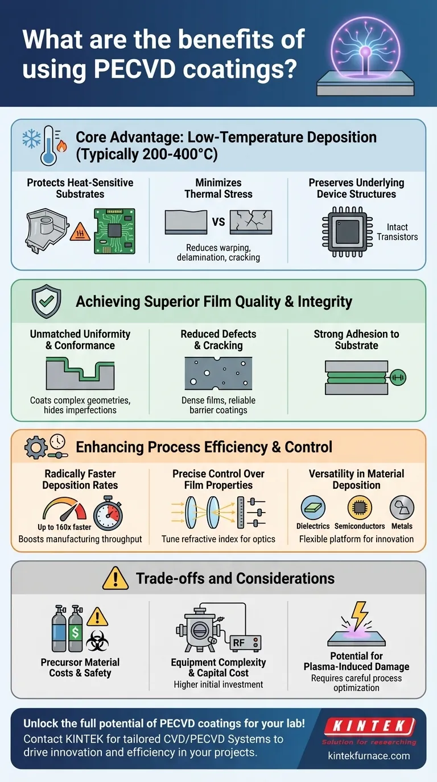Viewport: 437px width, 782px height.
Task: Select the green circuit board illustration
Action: pyautogui.click(x=114, y=229)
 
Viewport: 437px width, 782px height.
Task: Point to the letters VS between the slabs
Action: pyautogui.click(x=218, y=222)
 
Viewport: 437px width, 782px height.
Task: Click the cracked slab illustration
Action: pyautogui.click(x=250, y=222)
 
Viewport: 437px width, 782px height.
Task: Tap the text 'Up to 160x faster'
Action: pyautogui.click(x=64, y=527)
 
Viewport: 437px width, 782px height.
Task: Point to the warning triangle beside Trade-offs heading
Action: pyautogui.click(x=116, y=579)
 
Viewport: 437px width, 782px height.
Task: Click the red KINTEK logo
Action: pyautogui.click(x=369, y=726)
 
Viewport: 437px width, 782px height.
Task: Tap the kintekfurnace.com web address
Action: pyautogui.click(x=369, y=756)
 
